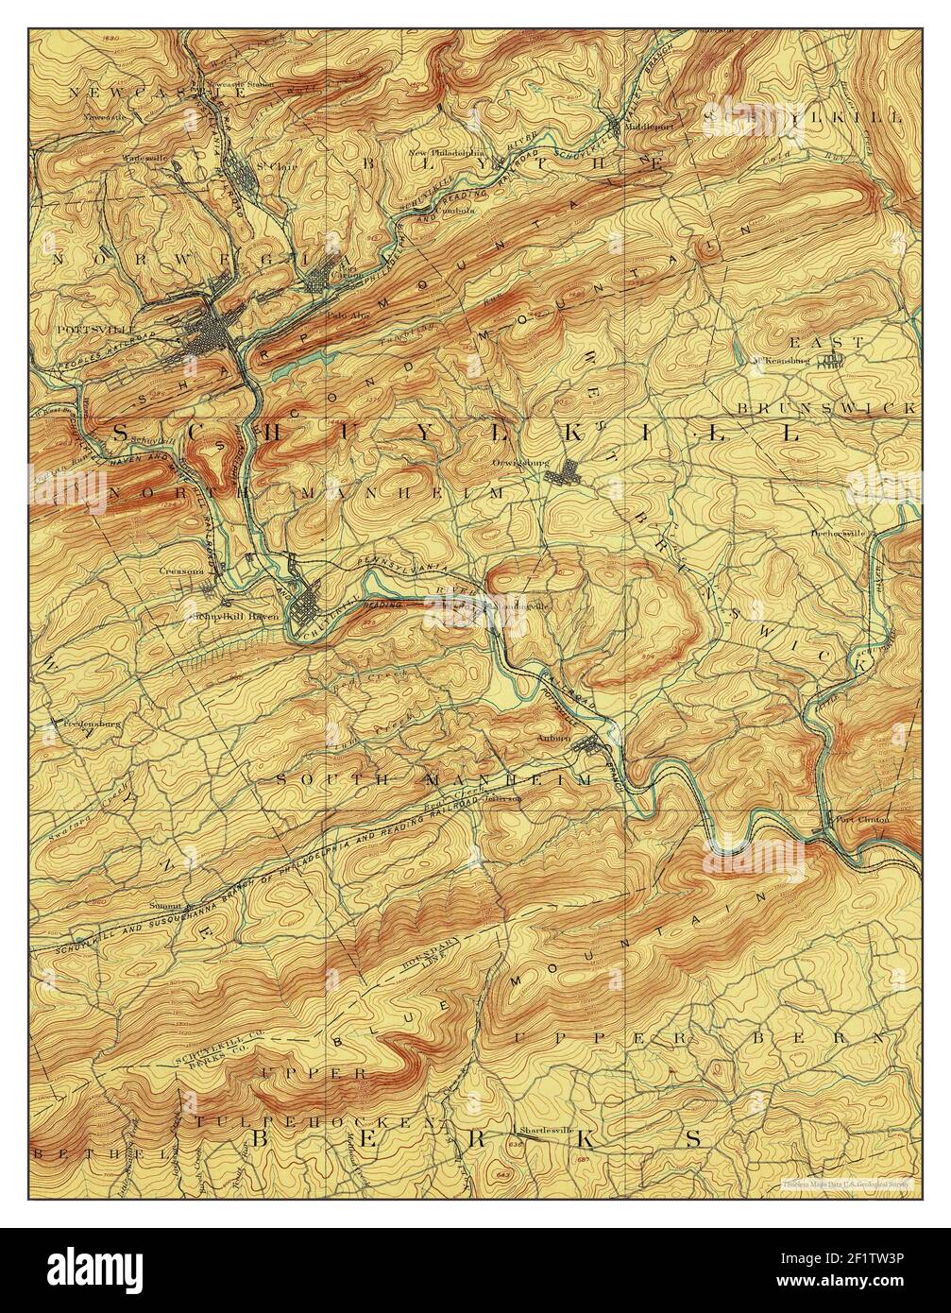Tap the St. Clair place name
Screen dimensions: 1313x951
pos(268,168)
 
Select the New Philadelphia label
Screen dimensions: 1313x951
pos(446,151)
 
